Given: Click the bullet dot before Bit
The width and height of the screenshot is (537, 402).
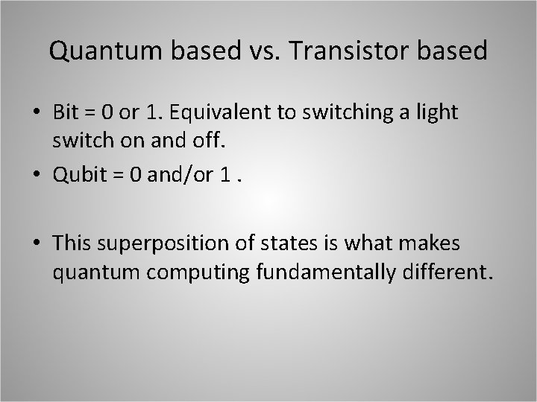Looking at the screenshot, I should tap(36, 112).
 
